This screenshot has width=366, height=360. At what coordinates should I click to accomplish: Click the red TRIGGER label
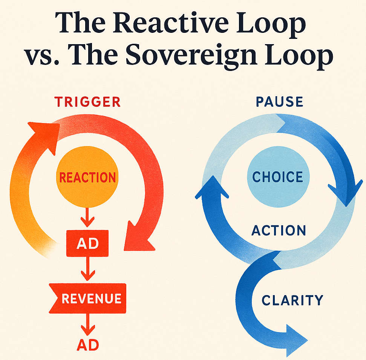click(x=87, y=102)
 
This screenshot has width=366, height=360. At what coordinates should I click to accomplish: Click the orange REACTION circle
click(x=87, y=177)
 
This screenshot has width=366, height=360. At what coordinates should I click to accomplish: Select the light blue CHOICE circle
click(x=278, y=177)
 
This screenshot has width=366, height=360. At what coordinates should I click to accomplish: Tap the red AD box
click(x=87, y=243)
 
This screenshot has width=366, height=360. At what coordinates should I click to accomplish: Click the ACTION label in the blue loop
click(x=279, y=230)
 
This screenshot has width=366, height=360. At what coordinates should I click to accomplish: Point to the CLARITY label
click(x=292, y=300)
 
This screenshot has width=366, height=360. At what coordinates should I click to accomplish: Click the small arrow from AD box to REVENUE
click(x=87, y=269)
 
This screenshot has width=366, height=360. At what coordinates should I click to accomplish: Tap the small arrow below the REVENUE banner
click(x=87, y=323)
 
